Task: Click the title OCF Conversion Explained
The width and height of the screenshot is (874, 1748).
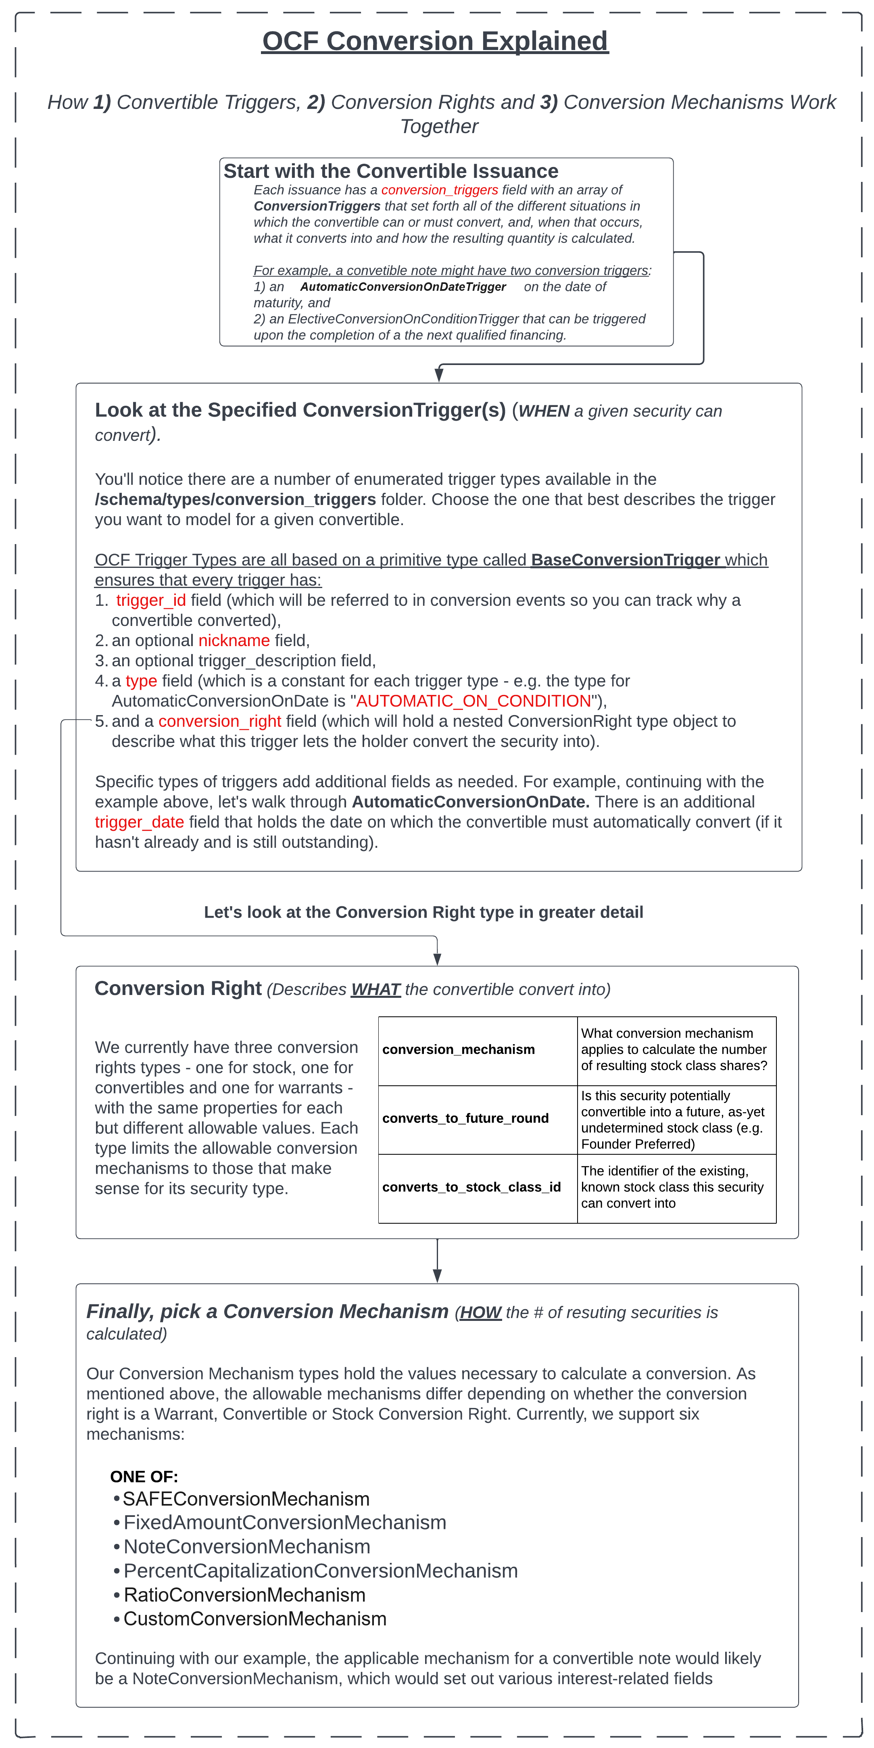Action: tap(435, 42)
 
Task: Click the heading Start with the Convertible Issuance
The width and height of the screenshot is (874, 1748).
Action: tap(391, 171)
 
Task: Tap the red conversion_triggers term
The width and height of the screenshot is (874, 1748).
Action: tap(439, 190)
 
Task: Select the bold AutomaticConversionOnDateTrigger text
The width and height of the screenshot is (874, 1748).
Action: tap(403, 287)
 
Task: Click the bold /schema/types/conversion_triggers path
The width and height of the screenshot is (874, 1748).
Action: tap(236, 499)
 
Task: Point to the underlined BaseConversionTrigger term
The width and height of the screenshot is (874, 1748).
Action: tap(625, 560)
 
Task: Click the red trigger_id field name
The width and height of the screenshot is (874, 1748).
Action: tap(151, 601)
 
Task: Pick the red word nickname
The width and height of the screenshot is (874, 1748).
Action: tap(234, 640)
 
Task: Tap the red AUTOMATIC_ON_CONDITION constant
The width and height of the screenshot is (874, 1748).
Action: tap(474, 701)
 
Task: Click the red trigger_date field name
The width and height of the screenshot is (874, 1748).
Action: tap(139, 822)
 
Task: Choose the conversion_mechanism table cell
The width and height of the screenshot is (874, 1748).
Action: tap(477, 1050)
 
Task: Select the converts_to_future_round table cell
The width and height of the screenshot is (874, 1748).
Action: tap(477, 1119)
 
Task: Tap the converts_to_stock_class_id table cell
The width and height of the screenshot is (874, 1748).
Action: tap(477, 1187)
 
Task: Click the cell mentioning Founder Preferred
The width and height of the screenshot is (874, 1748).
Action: tap(676, 1120)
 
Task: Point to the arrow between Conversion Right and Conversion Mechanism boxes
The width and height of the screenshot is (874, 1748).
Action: tap(437, 1261)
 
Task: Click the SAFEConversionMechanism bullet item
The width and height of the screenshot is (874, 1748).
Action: tap(246, 1499)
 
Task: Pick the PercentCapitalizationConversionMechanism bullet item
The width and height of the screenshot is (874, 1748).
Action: tap(320, 1571)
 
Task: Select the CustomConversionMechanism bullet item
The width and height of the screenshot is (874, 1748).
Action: tap(254, 1619)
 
